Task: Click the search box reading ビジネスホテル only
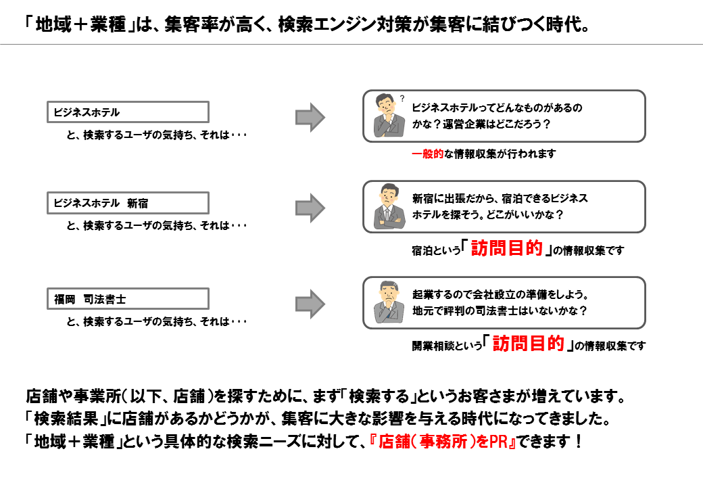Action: click(128, 112)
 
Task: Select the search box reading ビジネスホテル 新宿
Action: click(128, 203)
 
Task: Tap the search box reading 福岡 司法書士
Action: click(128, 299)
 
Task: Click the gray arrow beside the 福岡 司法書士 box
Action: click(310, 304)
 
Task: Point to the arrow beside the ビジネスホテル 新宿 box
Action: click(310, 208)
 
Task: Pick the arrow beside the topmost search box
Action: click(310, 118)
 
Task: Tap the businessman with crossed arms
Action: click(389, 207)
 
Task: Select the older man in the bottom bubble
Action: click(389, 302)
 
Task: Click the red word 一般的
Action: click(427, 154)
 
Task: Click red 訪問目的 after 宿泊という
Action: click(506, 248)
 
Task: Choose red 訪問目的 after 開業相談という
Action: click(528, 344)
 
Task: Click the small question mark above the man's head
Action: click(402, 98)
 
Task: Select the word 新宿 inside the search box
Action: click(137, 204)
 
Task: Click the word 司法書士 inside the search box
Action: click(105, 299)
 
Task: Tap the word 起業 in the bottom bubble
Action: click(422, 295)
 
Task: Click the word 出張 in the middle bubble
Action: click(455, 198)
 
